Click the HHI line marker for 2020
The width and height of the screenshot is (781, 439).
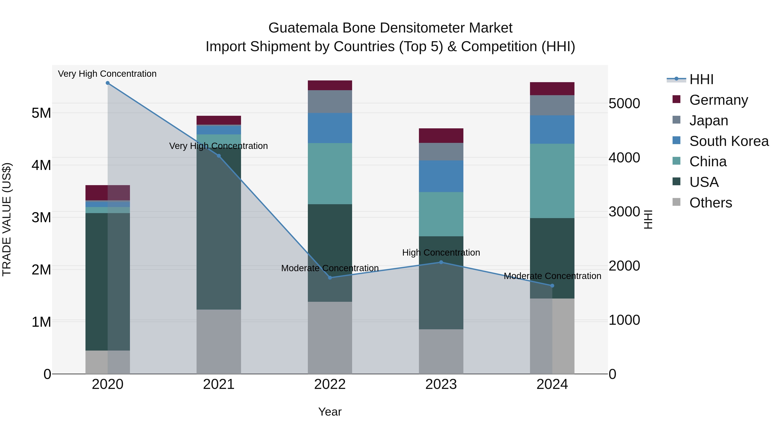click(108, 83)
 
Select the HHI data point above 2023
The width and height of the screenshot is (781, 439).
click(441, 262)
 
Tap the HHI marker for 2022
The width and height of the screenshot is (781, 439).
click(330, 278)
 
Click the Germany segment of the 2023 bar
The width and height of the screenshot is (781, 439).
click(441, 136)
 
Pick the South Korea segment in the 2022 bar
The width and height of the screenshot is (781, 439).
click(330, 128)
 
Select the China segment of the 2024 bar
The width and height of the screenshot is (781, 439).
click(552, 181)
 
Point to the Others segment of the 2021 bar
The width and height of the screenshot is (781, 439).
click(219, 342)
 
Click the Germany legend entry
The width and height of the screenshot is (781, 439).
click(718, 100)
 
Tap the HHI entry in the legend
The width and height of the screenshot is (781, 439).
click(701, 80)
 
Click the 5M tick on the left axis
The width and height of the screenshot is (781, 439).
click(41, 113)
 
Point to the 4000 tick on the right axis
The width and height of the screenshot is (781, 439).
click(624, 158)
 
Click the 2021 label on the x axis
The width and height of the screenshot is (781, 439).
click(219, 384)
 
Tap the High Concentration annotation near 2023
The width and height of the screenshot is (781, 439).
click(441, 253)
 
